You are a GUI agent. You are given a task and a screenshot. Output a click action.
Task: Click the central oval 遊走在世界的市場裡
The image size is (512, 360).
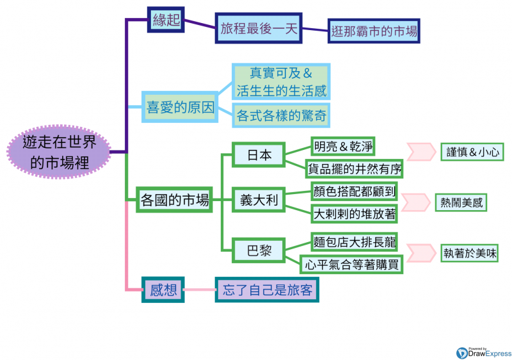(x=60, y=152)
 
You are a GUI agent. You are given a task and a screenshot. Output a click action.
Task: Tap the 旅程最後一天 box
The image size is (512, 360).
(x=257, y=29)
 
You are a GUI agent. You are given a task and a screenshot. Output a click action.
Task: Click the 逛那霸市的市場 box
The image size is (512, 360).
(x=374, y=30)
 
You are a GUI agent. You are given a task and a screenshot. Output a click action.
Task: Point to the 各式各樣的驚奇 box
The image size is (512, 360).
(x=281, y=116)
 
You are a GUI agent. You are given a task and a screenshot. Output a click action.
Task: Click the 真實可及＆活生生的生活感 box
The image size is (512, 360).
(x=281, y=81)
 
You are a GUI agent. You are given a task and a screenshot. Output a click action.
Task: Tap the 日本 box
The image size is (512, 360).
(x=259, y=155)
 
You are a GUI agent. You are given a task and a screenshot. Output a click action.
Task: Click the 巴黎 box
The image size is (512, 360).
(x=259, y=250)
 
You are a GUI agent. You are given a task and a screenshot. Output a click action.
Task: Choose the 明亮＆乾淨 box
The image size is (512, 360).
(x=342, y=147)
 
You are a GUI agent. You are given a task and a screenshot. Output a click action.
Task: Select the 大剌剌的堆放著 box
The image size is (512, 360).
(x=354, y=213)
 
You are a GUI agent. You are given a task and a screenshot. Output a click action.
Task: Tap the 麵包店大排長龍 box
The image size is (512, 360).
(x=354, y=242)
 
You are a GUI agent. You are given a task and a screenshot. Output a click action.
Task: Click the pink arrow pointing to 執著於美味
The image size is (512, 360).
(x=420, y=252)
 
